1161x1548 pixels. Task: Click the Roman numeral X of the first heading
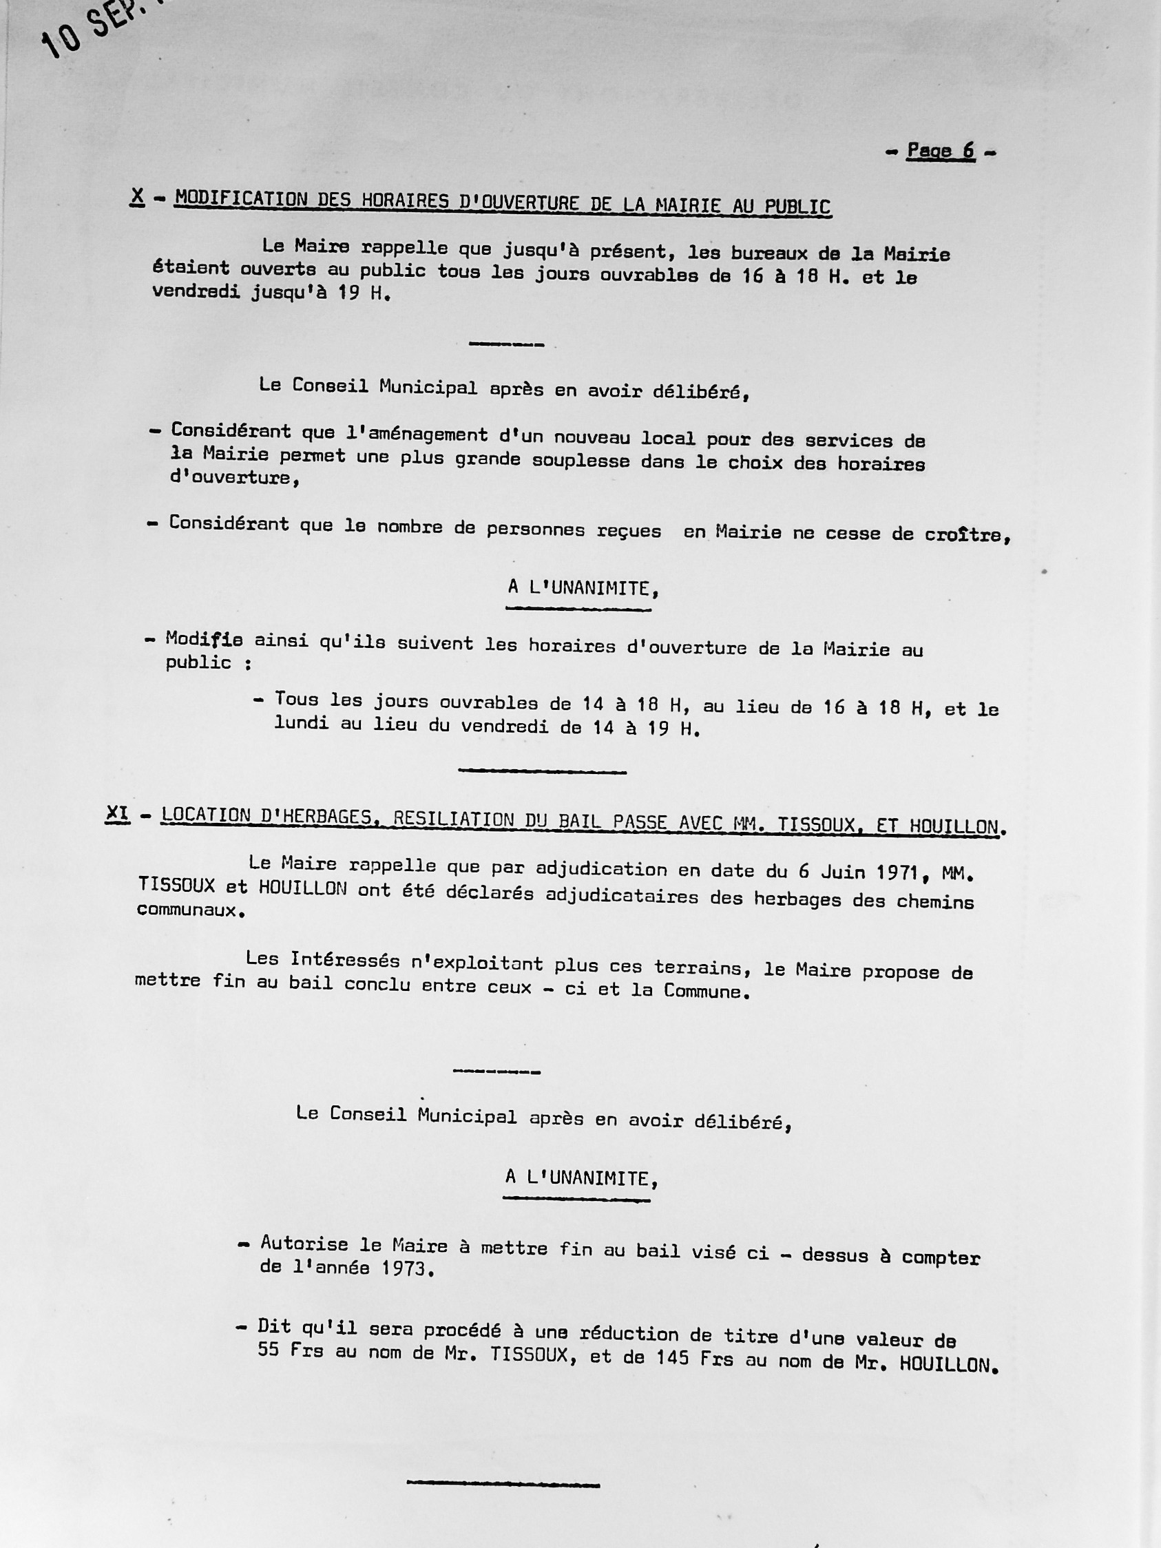[137, 198]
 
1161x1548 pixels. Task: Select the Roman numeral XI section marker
[117, 814]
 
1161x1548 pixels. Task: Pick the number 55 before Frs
[268, 1348]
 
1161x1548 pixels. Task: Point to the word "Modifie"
[204, 639]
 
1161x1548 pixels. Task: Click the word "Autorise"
[304, 1244]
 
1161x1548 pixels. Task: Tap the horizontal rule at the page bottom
[503, 1481]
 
